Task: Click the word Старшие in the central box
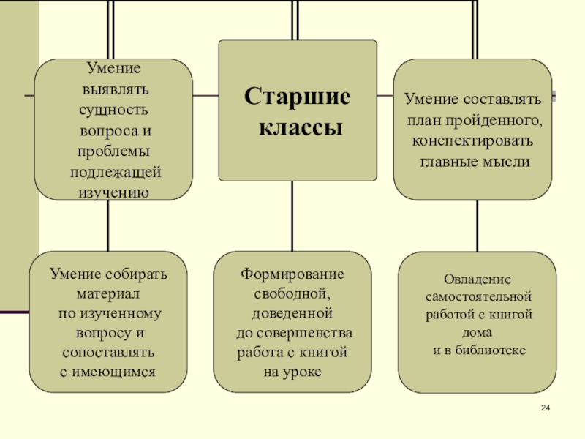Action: [297, 97]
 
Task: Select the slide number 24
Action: [545, 408]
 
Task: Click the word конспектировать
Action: [472, 140]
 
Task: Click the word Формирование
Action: [292, 274]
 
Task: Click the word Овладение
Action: [478, 279]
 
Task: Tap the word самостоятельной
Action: [478, 298]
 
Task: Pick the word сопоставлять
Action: [109, 353]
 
